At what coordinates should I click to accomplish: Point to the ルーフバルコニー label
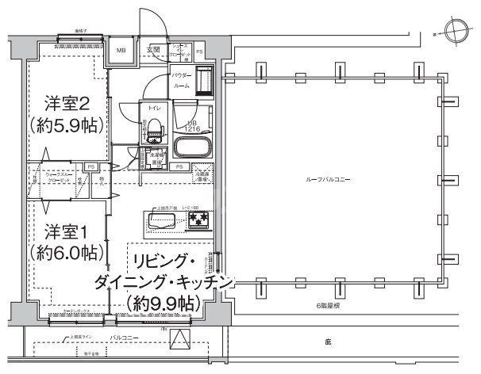point(329,181)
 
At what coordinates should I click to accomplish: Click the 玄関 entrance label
point(152,51)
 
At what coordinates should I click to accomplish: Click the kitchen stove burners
point(198,219)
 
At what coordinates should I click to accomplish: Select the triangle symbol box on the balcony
point(183,342)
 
